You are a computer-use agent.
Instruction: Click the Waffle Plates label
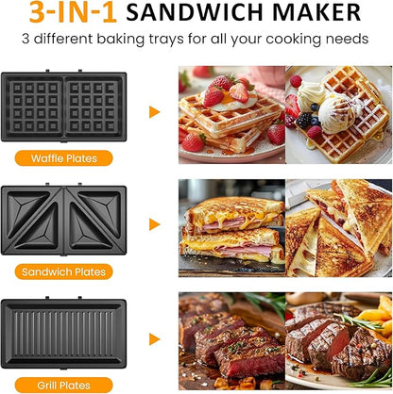tap(64, 158)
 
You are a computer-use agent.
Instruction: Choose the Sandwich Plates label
tap(64, 272)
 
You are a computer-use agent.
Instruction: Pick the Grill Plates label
tap(64, 385)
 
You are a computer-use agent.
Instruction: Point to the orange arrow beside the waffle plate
tap(155, 112)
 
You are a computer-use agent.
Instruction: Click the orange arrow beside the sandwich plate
tap(155, 224)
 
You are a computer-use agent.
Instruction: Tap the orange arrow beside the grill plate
tap(155, 337)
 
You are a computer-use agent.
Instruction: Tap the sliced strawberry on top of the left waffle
tap(239, 91)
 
